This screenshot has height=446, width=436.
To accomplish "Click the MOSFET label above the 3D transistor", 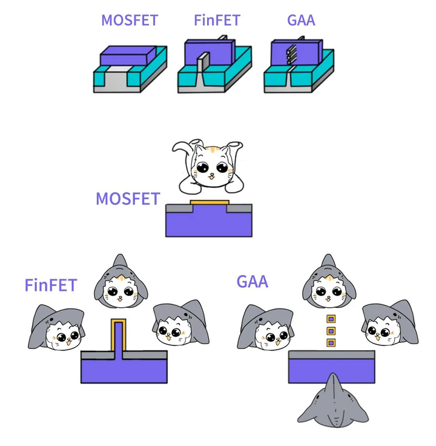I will pos(129,20).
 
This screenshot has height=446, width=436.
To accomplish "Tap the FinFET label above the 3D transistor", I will pos(217,20).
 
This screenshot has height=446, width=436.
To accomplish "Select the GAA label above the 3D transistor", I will pos(301,20).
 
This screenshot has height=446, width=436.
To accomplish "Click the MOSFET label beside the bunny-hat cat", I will pos(128,199).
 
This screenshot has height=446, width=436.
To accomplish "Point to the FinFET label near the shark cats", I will pos(52,284).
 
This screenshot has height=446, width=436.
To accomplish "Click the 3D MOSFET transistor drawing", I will pos(130,68).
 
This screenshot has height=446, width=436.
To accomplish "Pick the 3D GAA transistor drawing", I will pos(299,67).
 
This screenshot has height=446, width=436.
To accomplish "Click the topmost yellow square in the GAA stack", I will pos(331,319).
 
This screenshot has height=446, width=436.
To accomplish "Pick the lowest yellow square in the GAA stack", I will pos(331,343).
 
